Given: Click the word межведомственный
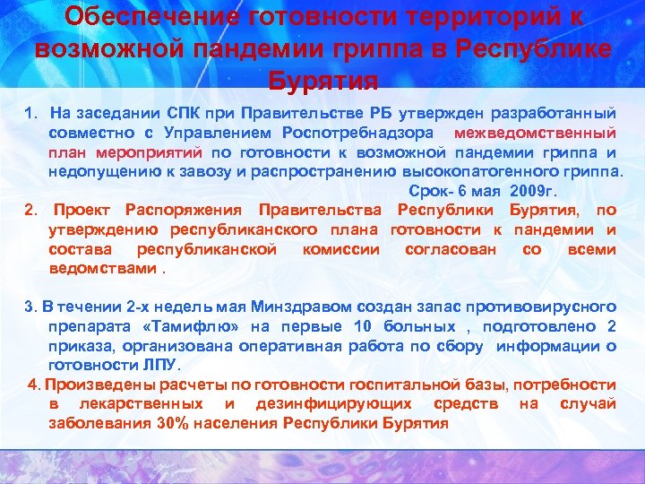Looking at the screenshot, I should (x=536, y=133).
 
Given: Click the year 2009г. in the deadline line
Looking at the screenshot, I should (x=535, y=191).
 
